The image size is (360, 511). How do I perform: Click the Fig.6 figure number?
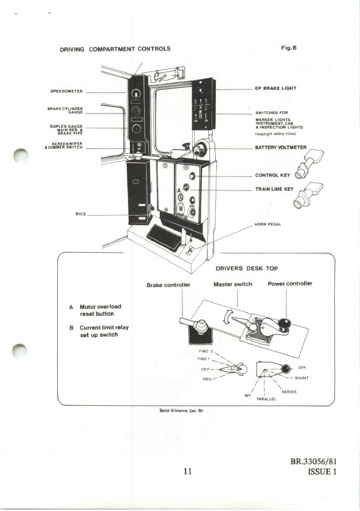tap(288, 48)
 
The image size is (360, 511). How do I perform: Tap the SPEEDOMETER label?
tap(67, 91)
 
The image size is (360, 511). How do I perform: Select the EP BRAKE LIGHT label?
tap(275, 88)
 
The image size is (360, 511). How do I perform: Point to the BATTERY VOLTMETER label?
tap(281, 148)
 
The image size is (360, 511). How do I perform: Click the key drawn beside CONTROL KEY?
tap(309, 163)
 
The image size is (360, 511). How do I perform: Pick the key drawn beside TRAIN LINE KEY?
tap(308, 195)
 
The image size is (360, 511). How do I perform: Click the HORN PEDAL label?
tap(267, 225)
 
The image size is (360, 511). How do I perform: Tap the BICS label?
tap(81, 214)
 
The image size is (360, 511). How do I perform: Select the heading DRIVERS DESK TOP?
tap(247, 268)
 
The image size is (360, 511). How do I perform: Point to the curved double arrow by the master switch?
tap(228, 317)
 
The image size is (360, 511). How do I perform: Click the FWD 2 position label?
tap(206, 351)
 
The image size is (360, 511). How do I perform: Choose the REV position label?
tap(207, 379)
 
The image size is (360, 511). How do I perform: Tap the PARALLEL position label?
tap(266, 399)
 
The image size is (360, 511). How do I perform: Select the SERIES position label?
tap(289, 392)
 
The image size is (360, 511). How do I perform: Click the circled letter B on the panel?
tap(181, 208)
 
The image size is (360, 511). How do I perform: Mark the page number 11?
tap(188, 471)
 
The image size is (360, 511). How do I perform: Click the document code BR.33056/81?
tap(313, 462)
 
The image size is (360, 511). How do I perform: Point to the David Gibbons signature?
tap(181, 411)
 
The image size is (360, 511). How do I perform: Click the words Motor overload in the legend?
tap(100, 307)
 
